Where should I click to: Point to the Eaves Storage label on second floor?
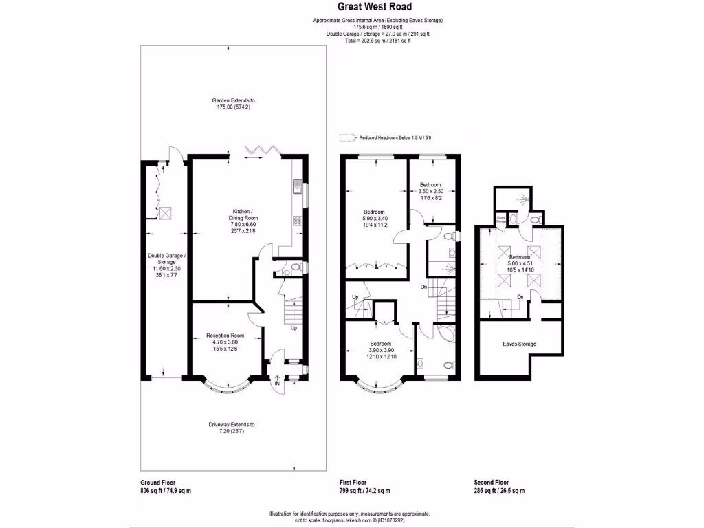point(519,344)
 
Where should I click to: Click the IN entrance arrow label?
point(277,384)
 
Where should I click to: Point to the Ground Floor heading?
point(157,483)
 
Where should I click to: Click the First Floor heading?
point(353,483)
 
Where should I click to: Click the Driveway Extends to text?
point(232,424)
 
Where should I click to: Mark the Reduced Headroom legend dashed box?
point(345,137)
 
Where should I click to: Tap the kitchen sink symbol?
point(298,184)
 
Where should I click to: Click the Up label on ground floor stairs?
point(294,328)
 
